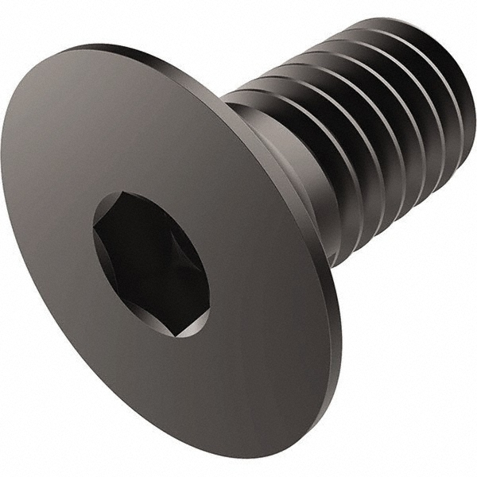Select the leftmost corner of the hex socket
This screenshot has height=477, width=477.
coord(94,231)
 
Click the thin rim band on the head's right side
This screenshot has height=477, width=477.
coord(334,318)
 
